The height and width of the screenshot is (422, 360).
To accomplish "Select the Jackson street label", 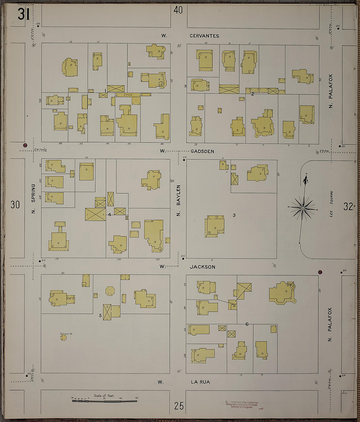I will coord(203,267).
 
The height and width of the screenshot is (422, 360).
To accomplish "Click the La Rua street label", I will coord(200,382).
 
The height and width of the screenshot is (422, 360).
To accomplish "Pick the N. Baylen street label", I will coord(178,200).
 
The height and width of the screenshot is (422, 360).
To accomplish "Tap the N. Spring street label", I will coord(33,199).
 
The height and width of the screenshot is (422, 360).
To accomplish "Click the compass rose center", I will coord(303,208).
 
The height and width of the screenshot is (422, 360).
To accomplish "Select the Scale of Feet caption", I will coord(104,396).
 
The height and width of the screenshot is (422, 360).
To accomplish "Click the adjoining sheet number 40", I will coord(178,10).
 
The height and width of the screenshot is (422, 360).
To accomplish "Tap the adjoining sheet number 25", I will coord(179,406).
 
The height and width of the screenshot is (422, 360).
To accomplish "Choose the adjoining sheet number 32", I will coord(348,206).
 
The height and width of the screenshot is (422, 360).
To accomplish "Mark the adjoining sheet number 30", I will coord(15,205).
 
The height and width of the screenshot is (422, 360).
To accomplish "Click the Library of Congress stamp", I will coord(242,405).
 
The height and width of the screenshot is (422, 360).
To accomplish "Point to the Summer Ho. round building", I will coord(63,337).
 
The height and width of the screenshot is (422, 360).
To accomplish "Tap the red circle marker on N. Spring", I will coord(25,145).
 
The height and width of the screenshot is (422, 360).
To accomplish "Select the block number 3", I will coord(234,215).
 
